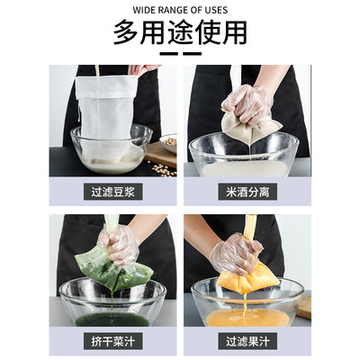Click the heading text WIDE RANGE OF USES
pos(180,10)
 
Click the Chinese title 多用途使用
pos(180,32)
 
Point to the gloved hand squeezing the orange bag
pos(237,251)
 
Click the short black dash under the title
pos(180,53)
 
